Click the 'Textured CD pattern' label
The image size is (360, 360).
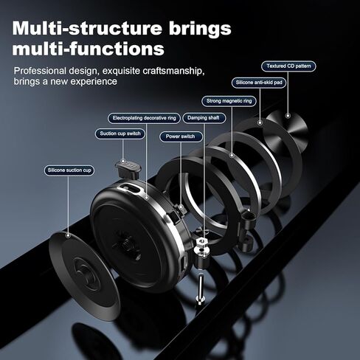pos(288,66)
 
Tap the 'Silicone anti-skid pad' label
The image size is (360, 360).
pos(259,83)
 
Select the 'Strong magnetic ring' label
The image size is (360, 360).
pos(229,101)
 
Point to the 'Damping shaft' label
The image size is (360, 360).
pos(204,118)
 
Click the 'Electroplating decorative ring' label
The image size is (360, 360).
pos(145,118)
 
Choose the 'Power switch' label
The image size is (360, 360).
pos(180,136)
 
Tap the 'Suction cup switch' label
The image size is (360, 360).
pos(120,134)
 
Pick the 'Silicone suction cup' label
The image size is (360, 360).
pos(69,170)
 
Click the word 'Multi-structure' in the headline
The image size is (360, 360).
pos(87,29)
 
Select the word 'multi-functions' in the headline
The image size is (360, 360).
pos(89,49)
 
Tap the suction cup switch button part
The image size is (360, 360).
pos(128,169)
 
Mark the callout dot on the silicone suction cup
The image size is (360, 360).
pos(69,235)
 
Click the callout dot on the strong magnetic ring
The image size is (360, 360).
pos(232,155)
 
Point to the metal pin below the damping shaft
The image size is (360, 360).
pos(201,288)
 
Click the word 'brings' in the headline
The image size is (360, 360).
pos(200,30)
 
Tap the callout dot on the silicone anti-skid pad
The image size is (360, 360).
pos(260,122)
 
